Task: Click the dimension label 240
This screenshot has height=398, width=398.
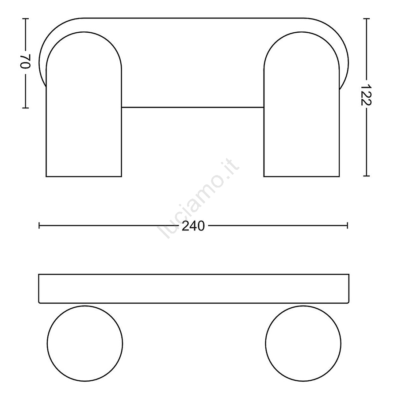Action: [x=193, y=226]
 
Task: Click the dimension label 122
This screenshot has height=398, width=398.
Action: [x=366, y=95]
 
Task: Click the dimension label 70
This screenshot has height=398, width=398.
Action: [x=25, y=61]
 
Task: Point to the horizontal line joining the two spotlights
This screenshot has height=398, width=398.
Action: [x=193, y=107]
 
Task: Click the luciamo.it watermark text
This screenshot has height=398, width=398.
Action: [x=198, y=198]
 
